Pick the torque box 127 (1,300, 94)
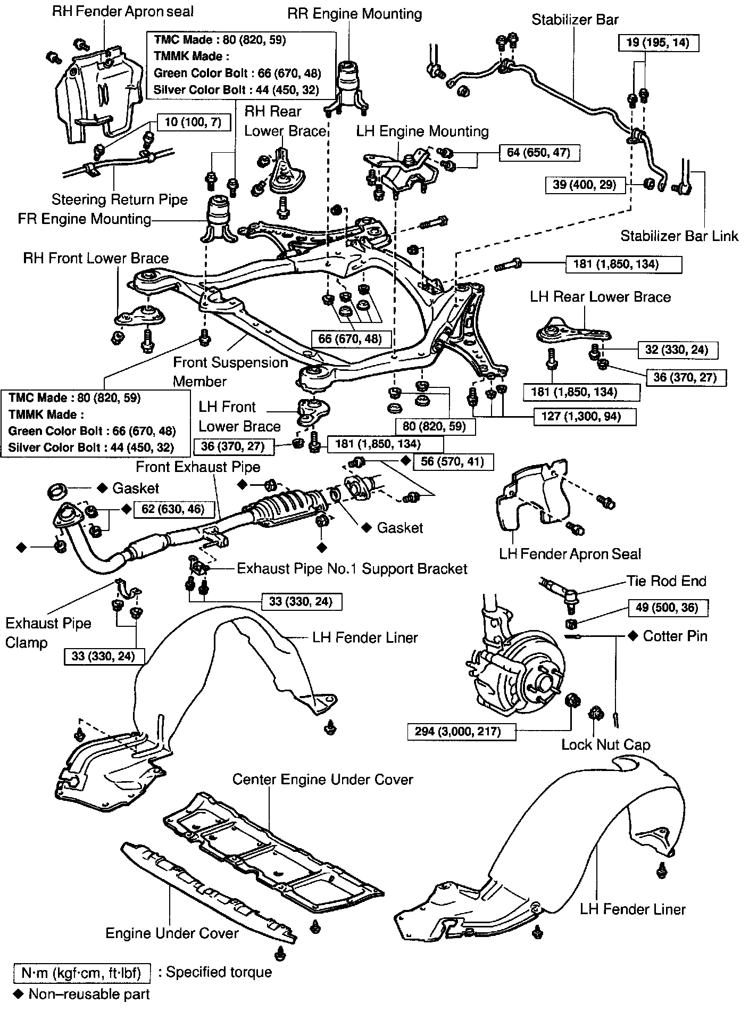pos(585,416)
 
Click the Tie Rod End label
pos(666,581)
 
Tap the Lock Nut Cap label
pos(605,744)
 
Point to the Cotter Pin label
pos(675,636)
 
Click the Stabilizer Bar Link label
pos(679,235)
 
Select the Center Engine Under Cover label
pos(322,780)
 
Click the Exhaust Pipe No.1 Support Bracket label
pos(352,568)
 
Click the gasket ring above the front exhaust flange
pos(57,491)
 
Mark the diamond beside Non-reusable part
pos(19,993)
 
